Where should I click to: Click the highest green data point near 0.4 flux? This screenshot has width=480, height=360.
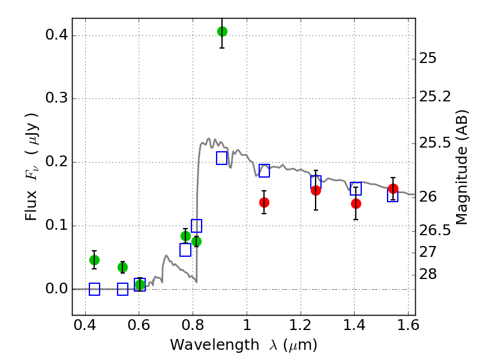tap(222, 31)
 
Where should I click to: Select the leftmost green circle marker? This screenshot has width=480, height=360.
tap(94, 260)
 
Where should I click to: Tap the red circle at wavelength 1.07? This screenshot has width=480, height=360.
tap(264, 202)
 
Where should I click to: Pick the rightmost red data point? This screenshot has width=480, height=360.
tap(393, 189)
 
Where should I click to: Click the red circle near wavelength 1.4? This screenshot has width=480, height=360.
tap(356, 203)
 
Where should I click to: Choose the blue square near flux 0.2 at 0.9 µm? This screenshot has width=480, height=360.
tap(222, 158)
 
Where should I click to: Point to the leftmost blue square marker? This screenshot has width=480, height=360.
tap(94, 289)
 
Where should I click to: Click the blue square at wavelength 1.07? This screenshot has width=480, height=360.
tap(264, 170)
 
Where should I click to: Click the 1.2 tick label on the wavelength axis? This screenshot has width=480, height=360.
tap(301, 328)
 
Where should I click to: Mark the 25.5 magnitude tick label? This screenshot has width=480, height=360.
tap(437, 143)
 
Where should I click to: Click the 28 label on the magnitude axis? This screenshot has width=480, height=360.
tap(429, 275)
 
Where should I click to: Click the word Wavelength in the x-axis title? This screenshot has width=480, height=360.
tap(207, 345)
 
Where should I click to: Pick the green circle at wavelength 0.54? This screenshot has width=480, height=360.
tap(122, 267)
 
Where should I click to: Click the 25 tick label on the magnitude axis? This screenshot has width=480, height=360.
tap(429, 59)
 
